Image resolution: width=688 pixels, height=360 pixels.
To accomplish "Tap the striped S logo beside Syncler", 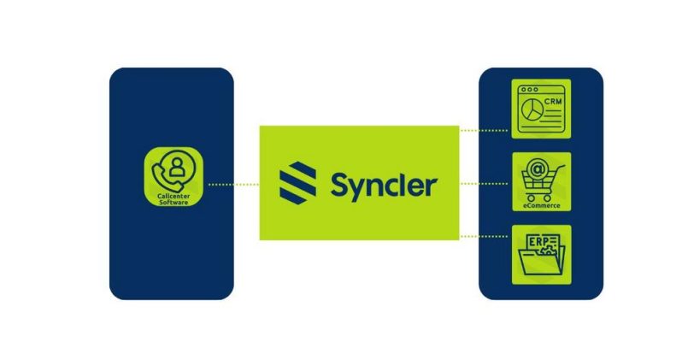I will [297, 183].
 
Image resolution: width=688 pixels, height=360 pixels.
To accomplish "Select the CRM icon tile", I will [541, 109].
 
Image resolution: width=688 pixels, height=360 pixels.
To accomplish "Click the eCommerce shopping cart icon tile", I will [541, 182].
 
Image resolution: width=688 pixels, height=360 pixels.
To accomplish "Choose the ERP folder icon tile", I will [541, 253].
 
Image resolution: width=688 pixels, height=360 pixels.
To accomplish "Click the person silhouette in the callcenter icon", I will [177, 168].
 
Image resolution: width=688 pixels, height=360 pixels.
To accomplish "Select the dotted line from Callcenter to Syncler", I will [233, 184].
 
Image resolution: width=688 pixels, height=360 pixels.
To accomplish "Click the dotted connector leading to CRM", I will [485, 131].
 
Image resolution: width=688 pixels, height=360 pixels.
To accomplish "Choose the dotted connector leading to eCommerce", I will [485, 183].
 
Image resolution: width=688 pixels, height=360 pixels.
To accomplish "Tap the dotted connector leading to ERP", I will [485, 235].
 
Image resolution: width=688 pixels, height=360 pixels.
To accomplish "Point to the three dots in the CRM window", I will [528, 90].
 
